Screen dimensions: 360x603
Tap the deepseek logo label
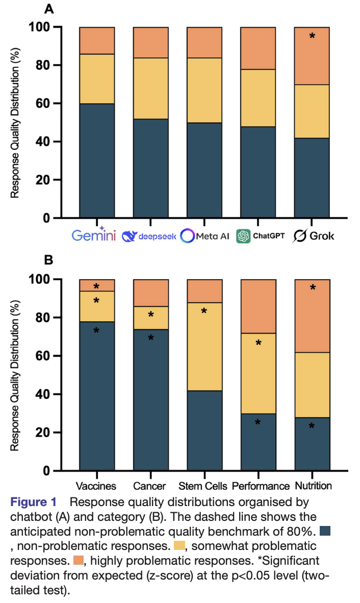149,236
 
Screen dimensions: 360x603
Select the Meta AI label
204,236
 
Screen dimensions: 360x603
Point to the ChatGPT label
261,236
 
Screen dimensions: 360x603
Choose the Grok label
313,236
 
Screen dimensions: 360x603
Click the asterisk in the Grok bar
312,36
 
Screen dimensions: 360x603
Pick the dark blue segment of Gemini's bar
97,161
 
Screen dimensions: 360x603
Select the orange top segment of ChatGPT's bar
258,48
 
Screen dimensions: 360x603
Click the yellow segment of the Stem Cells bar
204,346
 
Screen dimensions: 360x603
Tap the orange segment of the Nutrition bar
312,316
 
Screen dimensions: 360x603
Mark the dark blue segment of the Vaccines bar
97,396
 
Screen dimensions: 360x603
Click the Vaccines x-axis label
96,486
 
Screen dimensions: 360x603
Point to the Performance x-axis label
261,486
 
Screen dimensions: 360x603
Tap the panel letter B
48,260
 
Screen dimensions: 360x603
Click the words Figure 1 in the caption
34,502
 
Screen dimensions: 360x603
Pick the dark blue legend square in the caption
325,531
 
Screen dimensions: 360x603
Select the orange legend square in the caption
79,560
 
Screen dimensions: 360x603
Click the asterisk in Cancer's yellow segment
151,315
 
